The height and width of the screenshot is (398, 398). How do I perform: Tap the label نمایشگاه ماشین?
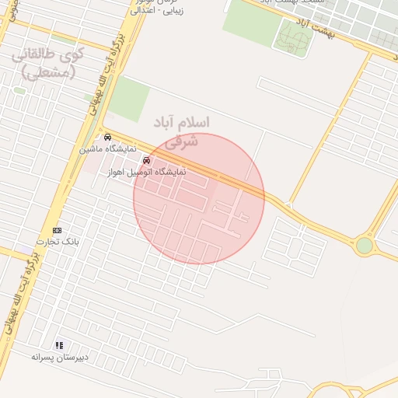click(107, 148)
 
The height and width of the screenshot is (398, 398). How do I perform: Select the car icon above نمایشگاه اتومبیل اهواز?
click(146, 161)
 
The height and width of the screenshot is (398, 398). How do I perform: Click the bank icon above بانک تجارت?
click(57, 231)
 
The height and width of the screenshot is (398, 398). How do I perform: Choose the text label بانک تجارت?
click(57, 242)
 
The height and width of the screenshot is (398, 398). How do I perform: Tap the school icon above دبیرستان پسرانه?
click(59, 345)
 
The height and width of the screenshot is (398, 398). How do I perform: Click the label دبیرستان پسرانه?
click(60, 356)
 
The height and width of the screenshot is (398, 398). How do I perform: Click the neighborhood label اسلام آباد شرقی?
click(180, 131)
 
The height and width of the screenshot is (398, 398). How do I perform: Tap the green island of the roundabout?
click(364, 246)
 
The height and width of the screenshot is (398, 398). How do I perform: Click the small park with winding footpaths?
click(293, 37)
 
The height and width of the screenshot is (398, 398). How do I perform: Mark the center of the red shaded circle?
click(199, 198)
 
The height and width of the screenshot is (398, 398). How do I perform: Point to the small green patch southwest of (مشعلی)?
click(19, 90)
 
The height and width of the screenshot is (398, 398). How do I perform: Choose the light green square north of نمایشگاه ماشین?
click(128, 99)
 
